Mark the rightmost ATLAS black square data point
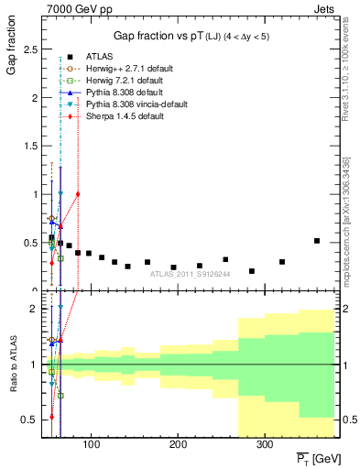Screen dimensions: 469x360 click(x=317, y=241)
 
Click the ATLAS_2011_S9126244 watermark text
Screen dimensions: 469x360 click(x=190, y=274)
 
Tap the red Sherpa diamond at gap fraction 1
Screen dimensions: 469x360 click(x=78, y=194)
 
